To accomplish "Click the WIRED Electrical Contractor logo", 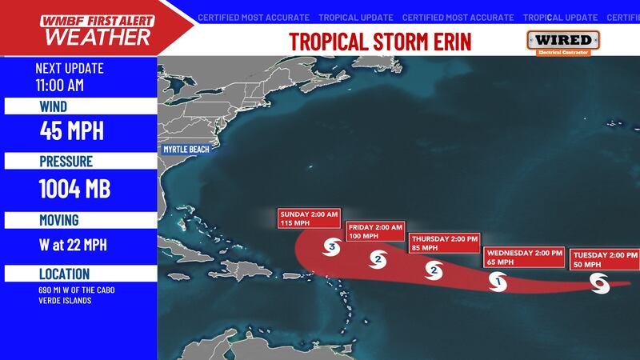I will click(563, 42).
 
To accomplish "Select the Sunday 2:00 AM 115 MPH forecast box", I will click(310, 219).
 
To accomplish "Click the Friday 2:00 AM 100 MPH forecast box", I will click(374, 233).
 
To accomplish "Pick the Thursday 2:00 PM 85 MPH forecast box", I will click(443, 243).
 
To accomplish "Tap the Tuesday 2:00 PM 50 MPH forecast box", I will click(605, 259).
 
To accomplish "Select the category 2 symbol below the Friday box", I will click(378, 258).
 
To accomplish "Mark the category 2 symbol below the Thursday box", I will click(434, 270).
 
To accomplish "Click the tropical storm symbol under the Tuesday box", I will click(600, 282).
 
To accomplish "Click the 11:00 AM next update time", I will click(59, 85).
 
